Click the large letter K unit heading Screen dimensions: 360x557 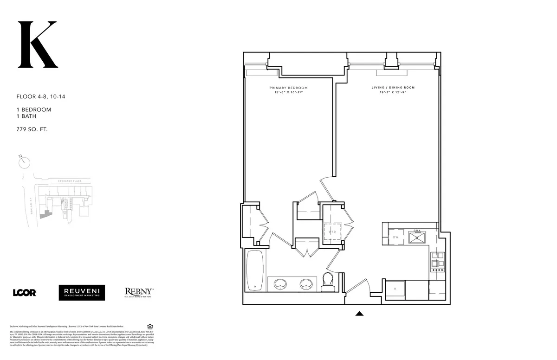click(37, 45)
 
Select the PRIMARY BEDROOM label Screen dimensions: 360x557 click(288, 88)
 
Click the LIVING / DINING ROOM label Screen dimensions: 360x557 click(393, 88)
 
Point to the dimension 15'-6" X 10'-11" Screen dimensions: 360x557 click(288, 93)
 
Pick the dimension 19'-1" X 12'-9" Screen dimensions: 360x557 click(393, 93)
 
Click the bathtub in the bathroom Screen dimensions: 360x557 click(255, 270)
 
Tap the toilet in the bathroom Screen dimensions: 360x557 click(328, 281)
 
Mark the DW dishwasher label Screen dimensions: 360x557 click(395, 238)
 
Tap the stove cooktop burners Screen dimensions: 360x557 click(438, 262)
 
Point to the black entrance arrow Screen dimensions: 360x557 click(359, 314)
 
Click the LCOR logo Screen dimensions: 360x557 click(24, 292)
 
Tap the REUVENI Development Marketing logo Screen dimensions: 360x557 click(82, 292)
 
